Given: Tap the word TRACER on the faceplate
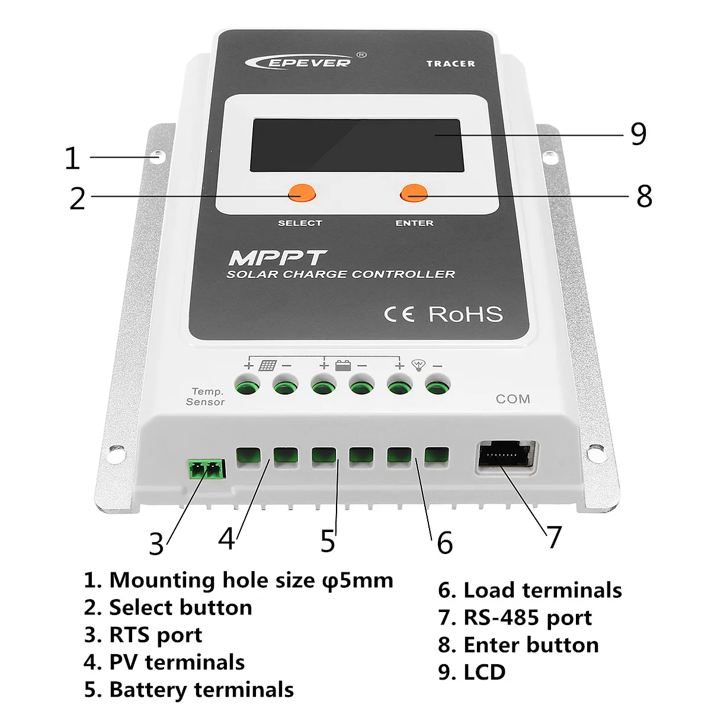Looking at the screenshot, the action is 450,64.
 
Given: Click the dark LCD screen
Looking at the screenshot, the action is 356,145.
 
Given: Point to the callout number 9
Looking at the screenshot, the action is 638,133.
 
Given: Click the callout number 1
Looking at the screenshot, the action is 72,158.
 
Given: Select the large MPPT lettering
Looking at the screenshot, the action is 278,258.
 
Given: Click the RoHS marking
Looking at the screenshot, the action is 465,315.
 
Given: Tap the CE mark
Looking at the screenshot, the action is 399,315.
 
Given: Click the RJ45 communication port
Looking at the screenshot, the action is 506,456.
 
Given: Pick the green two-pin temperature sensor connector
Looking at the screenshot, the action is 207,469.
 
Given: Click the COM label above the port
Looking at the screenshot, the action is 513,399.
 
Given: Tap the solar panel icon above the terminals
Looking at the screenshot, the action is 267,366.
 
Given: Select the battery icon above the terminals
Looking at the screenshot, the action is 343,366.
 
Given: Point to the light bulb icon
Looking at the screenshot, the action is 418,365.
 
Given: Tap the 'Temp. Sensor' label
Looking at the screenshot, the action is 206,396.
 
